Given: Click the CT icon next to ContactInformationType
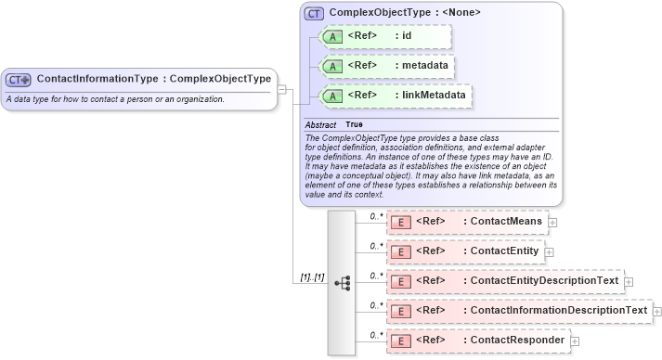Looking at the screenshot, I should pos(19,80).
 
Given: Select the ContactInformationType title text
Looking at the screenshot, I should pos(154,79).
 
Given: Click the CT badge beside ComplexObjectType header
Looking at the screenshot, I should pos(314,13).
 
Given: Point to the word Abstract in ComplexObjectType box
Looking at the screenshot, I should pos(321,124).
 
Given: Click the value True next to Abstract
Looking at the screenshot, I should pos(355,124).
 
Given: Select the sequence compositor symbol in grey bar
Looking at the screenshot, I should pos(342,283).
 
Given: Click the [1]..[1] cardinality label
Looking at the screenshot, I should pos(312,277).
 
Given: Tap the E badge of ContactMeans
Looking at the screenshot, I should pos(400,222).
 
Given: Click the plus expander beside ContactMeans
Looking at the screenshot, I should pos(553,223).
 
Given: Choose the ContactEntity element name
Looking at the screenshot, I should pos(504,251).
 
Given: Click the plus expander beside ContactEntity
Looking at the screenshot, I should pos(549,251).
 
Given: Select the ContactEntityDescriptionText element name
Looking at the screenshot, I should pos(544,281).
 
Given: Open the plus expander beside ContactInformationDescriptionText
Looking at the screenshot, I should pos(657,311).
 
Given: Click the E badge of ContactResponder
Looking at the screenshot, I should pos(400,341).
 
